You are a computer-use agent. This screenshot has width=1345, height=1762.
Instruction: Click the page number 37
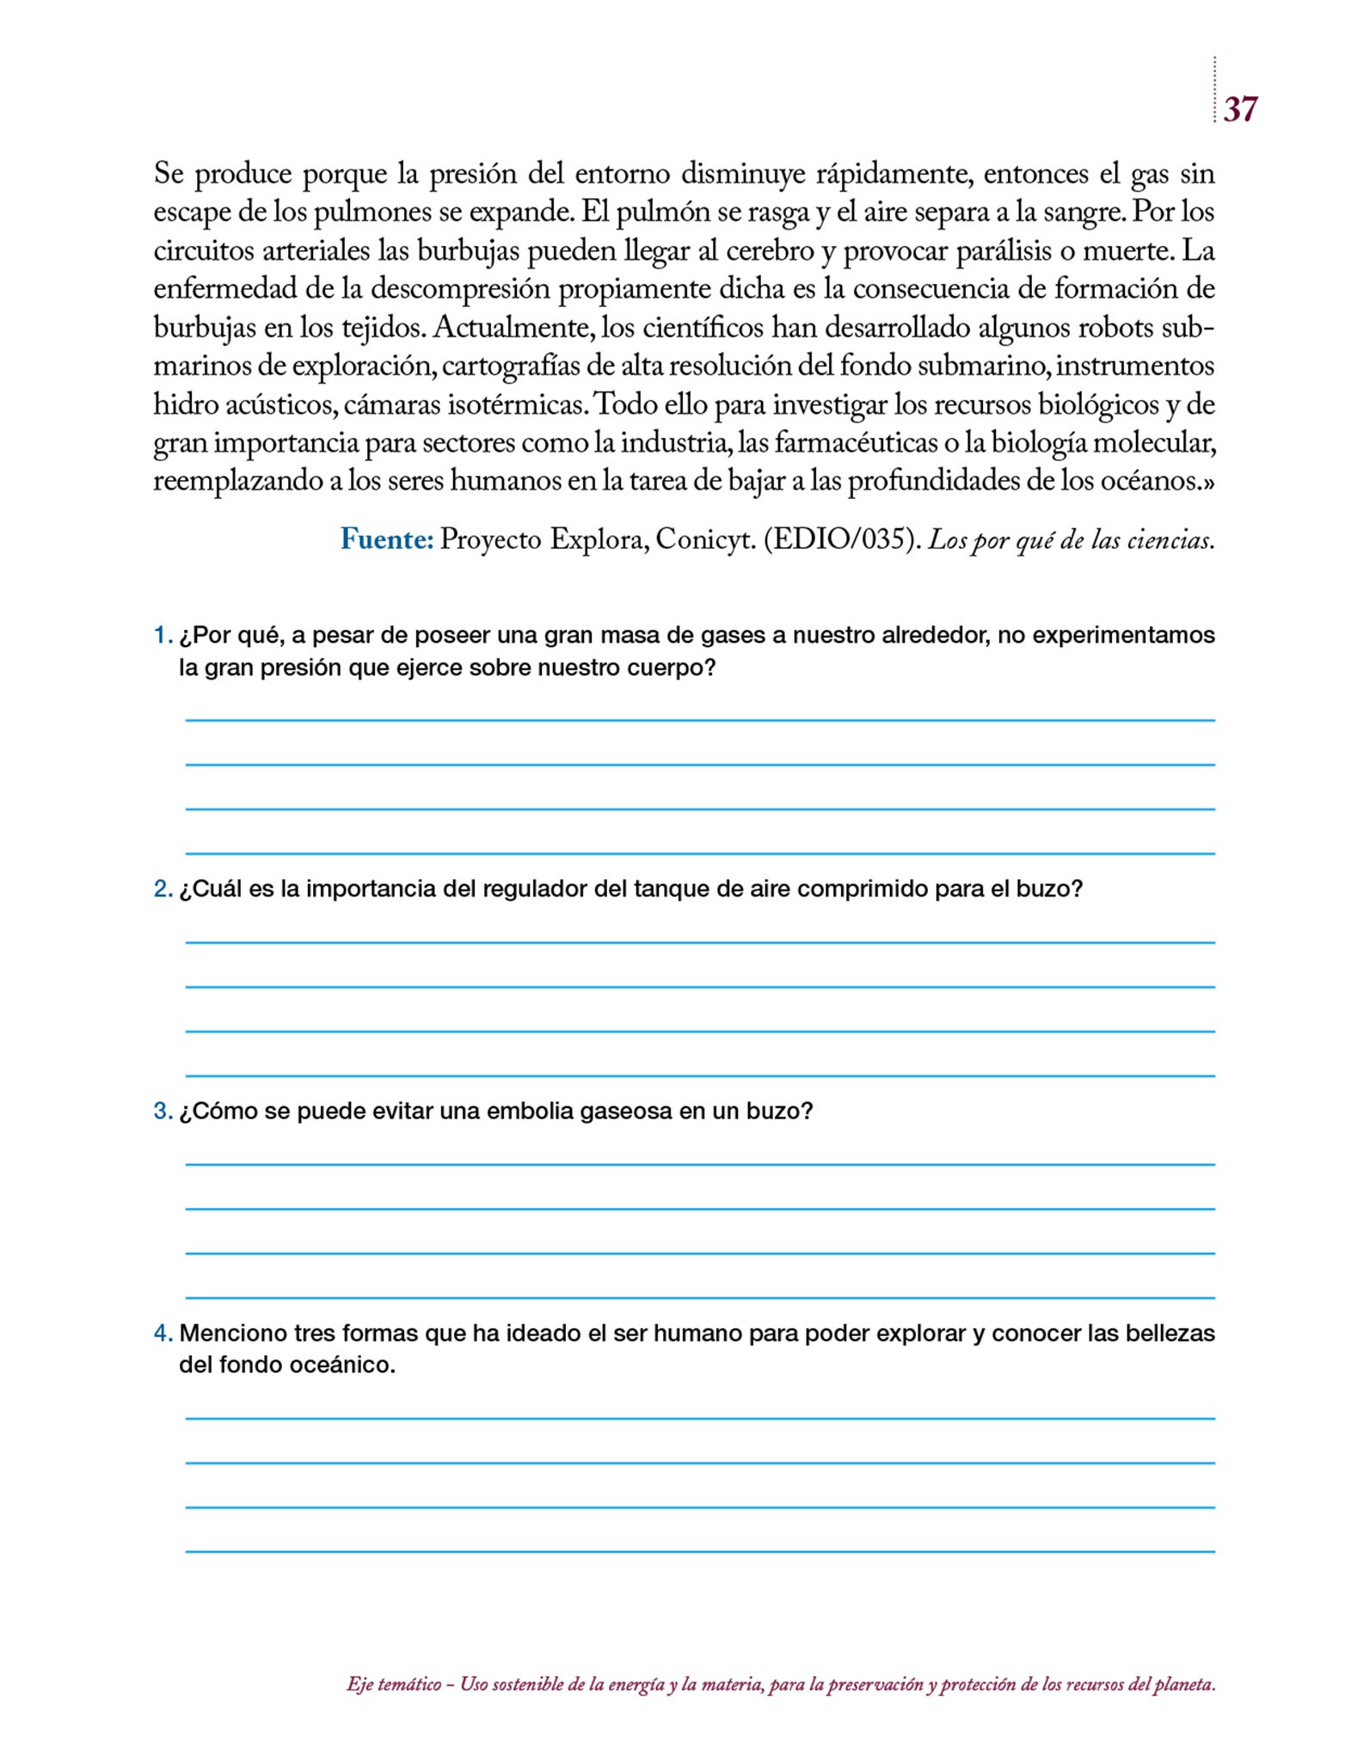(x=1239, y=109)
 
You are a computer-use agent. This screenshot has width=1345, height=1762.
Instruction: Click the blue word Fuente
(x=386, y=539)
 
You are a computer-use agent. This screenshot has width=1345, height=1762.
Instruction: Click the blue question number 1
(x=162, y=636)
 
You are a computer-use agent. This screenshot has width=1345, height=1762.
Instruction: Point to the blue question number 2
(x=163, y=889)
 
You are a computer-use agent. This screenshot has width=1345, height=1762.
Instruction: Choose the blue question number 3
(x=163, y=1111)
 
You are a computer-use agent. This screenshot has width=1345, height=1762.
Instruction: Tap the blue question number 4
(x=163, y=1334)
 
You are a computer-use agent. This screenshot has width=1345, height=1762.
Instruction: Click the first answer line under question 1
(x=700, y=720)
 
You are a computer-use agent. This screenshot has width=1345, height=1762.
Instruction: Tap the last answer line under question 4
(x=700, y=1551)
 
